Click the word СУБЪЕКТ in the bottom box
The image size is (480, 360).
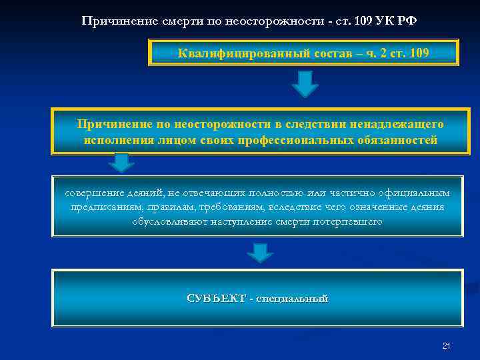[216, 298]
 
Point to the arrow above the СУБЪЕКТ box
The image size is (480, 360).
[259, 252]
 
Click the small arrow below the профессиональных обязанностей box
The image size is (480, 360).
[121, 162]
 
